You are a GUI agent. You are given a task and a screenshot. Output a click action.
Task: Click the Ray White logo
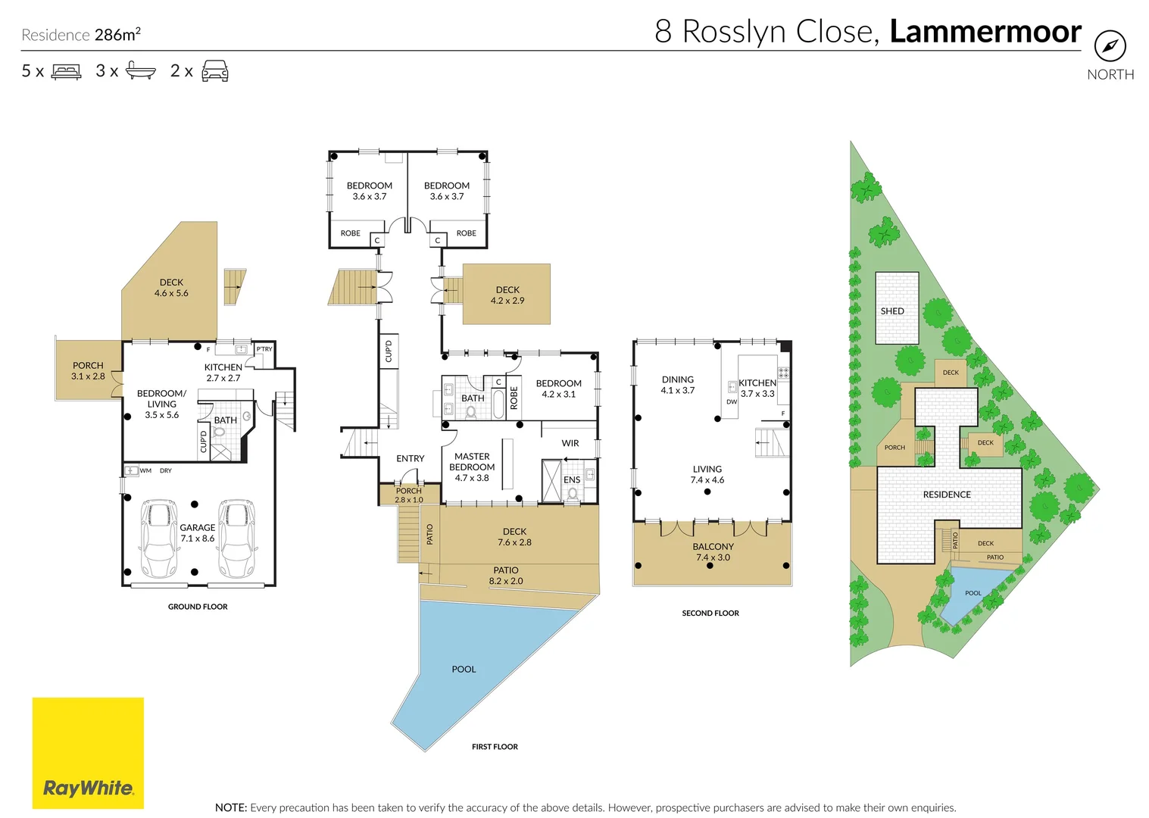coord(88,753)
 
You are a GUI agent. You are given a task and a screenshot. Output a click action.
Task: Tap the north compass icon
coord(1110,46)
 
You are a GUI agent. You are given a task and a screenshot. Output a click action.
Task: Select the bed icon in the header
coord(66,71)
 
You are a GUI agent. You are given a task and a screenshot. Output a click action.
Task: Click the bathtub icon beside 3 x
coord(141,70)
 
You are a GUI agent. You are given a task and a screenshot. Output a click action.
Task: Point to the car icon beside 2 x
coord(215,70)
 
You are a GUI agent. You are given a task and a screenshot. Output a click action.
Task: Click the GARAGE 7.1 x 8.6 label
coord(198,533)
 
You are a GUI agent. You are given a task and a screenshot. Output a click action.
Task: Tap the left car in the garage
coord(159,539)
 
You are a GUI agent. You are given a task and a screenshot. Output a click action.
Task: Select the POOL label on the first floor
coord(464,670)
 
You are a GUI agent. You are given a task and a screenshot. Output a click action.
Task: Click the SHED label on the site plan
coord(892,311)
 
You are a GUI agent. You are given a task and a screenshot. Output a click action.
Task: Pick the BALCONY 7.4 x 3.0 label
coord(713,552)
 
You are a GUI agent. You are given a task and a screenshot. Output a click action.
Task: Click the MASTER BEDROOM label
coord(472,461)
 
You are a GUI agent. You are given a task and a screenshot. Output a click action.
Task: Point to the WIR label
coord(570,443)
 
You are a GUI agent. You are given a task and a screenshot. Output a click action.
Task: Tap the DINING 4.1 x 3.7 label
coord(678,385)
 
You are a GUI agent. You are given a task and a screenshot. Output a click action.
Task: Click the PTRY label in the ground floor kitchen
coord(264,349)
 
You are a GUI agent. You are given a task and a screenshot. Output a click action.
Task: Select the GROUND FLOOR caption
coord(198,607)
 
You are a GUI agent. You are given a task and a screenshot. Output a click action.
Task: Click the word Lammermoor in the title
coord(985,32)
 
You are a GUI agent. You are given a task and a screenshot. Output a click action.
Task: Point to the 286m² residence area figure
coord(117,34)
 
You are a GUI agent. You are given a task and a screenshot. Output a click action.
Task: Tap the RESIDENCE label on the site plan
coord(947,495)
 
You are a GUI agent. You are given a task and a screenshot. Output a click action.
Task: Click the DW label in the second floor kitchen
coord(732,402)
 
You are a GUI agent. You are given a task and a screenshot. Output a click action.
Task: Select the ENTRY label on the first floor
coord(411,458)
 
